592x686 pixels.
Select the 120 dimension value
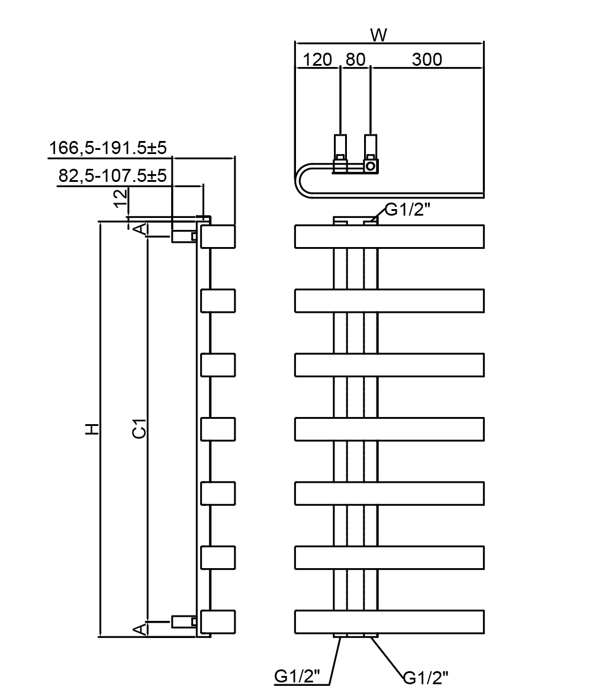coord(317,60)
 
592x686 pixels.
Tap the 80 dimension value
coord(355,60)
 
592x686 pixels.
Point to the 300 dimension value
coord(427,60)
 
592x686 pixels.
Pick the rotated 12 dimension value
coord(121,197)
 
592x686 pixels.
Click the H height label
coord(92,429)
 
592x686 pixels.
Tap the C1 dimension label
coord(139,428)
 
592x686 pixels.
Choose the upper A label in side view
coord(139,229)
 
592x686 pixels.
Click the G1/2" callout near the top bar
coord(407,210)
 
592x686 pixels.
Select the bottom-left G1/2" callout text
coord(297,676)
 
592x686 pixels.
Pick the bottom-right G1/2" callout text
coord(425,676)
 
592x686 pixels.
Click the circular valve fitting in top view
coord(370,166)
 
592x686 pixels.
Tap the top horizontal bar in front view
coord(389,236)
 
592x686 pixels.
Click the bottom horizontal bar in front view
coord(389,621)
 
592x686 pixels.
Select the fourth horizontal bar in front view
coord(389,429)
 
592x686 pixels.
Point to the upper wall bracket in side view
coord(182,236)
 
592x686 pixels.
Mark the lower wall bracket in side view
coord(182,621)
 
